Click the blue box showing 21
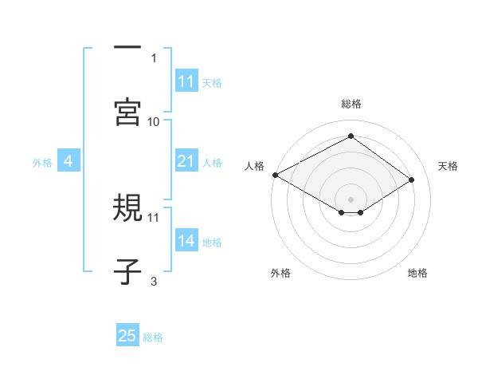[186, 162]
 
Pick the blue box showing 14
[186, 242]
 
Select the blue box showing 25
[127, 337]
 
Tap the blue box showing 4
[68, 162]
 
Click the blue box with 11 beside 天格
[186, 81]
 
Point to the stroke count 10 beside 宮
[154, 121]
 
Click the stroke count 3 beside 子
[154, 281]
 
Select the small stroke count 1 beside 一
[154, 57]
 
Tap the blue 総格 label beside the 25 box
[153, 337]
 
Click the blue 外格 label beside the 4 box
[42, 163]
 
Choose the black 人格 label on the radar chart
[255, 165]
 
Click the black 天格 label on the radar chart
[448, 165]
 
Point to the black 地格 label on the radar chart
[417, 273]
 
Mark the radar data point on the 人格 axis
[275, 175]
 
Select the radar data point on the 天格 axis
[412, 180]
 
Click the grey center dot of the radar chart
[351, 199]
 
